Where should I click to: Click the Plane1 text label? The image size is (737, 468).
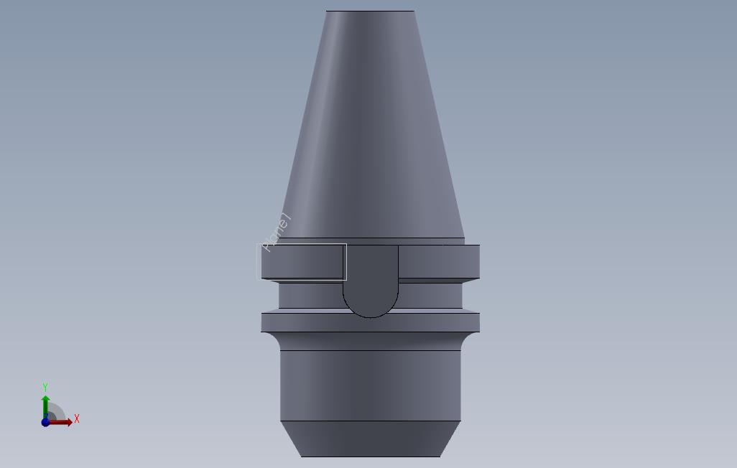[277, 233]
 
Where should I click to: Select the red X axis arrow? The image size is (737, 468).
[63, 422]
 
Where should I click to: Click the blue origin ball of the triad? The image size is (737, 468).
[46, 422]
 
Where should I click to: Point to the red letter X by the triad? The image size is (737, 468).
[76, 418]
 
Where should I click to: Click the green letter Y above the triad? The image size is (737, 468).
[45, 388]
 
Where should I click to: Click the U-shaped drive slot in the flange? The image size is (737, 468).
[371, 276]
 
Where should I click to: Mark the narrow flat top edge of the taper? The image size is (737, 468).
[370, 11]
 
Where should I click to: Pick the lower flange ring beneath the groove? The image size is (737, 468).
[371, 321]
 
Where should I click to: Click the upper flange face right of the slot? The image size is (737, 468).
[438, 261]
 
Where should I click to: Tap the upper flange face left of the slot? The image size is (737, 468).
[302, 261]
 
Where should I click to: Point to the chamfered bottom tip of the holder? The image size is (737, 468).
[371, 439]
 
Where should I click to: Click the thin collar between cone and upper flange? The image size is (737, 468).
[371, 241]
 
